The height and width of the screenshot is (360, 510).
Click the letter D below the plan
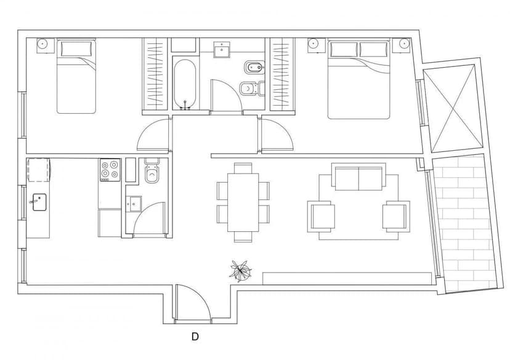pos(195,337)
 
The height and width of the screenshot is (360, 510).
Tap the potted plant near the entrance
pos(240,271)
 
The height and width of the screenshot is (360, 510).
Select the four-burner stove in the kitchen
pos(110,170)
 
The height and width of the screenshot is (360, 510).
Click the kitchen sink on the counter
pos(39,202)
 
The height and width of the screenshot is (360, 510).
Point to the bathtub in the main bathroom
pos(185,84)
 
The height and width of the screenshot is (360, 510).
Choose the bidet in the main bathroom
pos(253,68)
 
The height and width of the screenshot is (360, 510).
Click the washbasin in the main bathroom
pos(222,50)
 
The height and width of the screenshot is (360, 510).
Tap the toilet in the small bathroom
pos(152,171)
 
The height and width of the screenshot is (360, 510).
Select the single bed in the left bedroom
pos(76,76)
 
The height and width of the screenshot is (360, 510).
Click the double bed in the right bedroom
pos(358,79)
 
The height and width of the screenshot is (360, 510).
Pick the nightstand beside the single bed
pos(46,45)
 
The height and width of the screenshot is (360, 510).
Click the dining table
pos(243,202)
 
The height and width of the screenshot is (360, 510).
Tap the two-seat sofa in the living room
pos(358,177)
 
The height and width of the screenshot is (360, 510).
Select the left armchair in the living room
pos(321,217)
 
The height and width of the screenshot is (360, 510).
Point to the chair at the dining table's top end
pos(243,168)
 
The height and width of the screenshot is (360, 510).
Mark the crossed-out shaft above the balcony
pos(453,108)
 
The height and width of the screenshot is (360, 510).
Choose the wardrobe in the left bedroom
pos(155,74)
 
